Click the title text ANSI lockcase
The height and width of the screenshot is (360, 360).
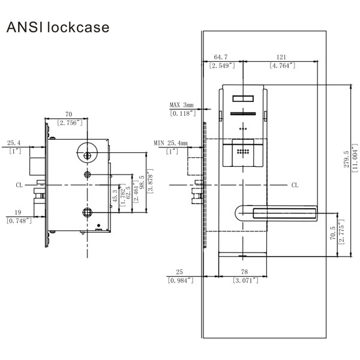[57, 28]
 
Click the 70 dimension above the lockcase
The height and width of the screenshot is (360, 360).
[68, 113]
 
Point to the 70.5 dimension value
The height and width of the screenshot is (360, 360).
[334, 234]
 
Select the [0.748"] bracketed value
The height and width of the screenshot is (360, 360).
[20, 220]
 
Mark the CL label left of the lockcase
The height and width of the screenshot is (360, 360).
[20, 185]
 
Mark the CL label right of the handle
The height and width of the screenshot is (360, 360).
[295, 185]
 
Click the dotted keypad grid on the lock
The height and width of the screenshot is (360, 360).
[243, 152]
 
